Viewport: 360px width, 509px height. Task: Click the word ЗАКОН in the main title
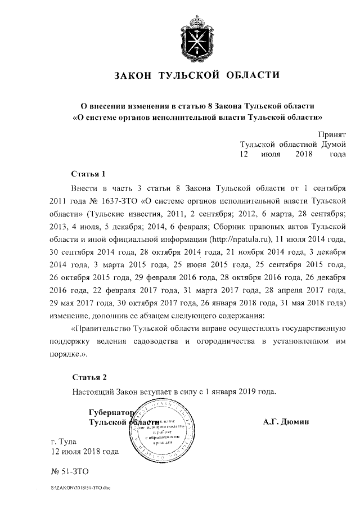[x=134, y=75]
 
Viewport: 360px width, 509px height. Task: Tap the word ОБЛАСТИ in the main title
[x=253, y=75]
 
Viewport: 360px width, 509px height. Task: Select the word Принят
[x=331, y=135]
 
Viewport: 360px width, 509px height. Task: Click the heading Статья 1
[x=89, y=173]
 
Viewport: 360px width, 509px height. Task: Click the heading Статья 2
[x=89, y=376]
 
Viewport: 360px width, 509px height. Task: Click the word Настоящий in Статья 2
[x=93, y=391]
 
